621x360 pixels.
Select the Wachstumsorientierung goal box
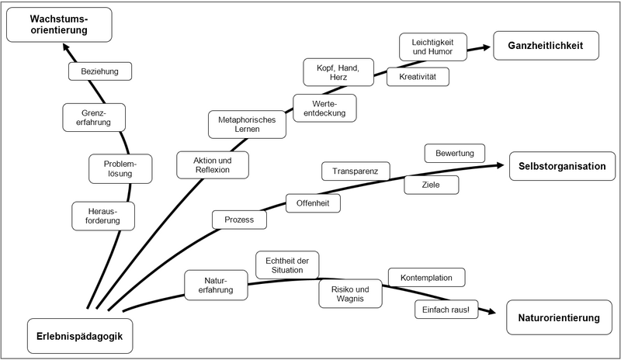click(59, 24)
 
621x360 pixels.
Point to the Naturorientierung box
click(560, 318)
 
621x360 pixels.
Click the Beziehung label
click(100, 71)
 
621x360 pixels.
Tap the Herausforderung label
click(103, 216)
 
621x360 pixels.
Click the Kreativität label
click(418, 78)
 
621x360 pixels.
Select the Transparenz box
click(356, 171)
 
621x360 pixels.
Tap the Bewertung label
click(454, 153)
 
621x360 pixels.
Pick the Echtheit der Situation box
click(287, 264)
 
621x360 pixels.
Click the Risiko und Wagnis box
click(350, 293)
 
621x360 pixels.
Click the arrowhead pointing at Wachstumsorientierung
click(67, 49)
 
